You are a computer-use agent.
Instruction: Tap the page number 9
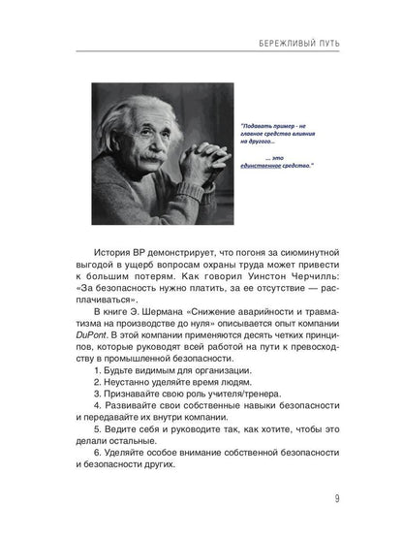coord(336,499)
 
